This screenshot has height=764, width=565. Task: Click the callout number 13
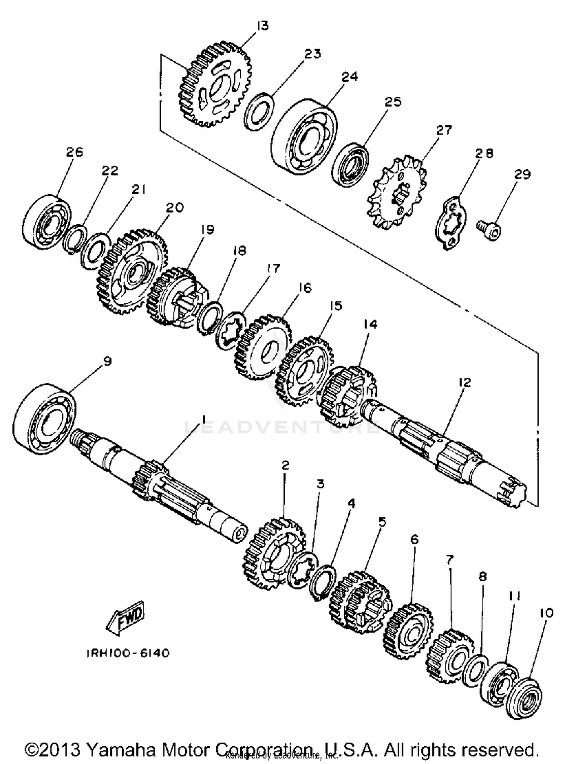coord(263,26)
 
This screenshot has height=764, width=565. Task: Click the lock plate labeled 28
coord(450,223)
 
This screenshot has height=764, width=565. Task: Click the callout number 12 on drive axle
coord(465,382)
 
